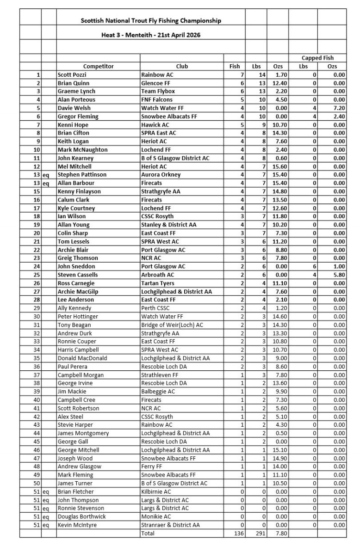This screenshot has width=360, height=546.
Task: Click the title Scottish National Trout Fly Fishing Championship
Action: (x=151, y=21)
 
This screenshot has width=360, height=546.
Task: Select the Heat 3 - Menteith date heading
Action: (x=151, y=35)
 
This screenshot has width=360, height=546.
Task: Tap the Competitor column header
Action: (x=98, y=66)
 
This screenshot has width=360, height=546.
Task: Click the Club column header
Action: (x=182, y=66)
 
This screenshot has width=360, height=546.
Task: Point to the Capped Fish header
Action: (x=317, y=58)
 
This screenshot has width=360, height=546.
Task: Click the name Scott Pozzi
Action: (x=72, y=74)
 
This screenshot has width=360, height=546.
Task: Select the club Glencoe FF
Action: (x=156, y=83)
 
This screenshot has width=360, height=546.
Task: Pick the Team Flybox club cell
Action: (x=158, y=91)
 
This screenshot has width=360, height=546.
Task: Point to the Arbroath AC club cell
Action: (x=157, y=275)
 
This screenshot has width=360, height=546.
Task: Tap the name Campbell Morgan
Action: (x=81, y=375)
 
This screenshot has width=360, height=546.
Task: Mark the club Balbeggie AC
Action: (x=158, y=392)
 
